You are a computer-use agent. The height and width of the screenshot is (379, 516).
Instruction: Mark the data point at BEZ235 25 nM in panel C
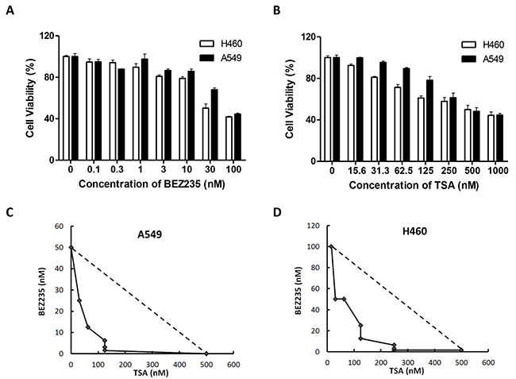79,300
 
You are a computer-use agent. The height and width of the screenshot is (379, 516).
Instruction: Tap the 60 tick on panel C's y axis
60,226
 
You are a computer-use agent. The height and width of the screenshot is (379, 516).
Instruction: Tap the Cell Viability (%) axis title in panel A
29,98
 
